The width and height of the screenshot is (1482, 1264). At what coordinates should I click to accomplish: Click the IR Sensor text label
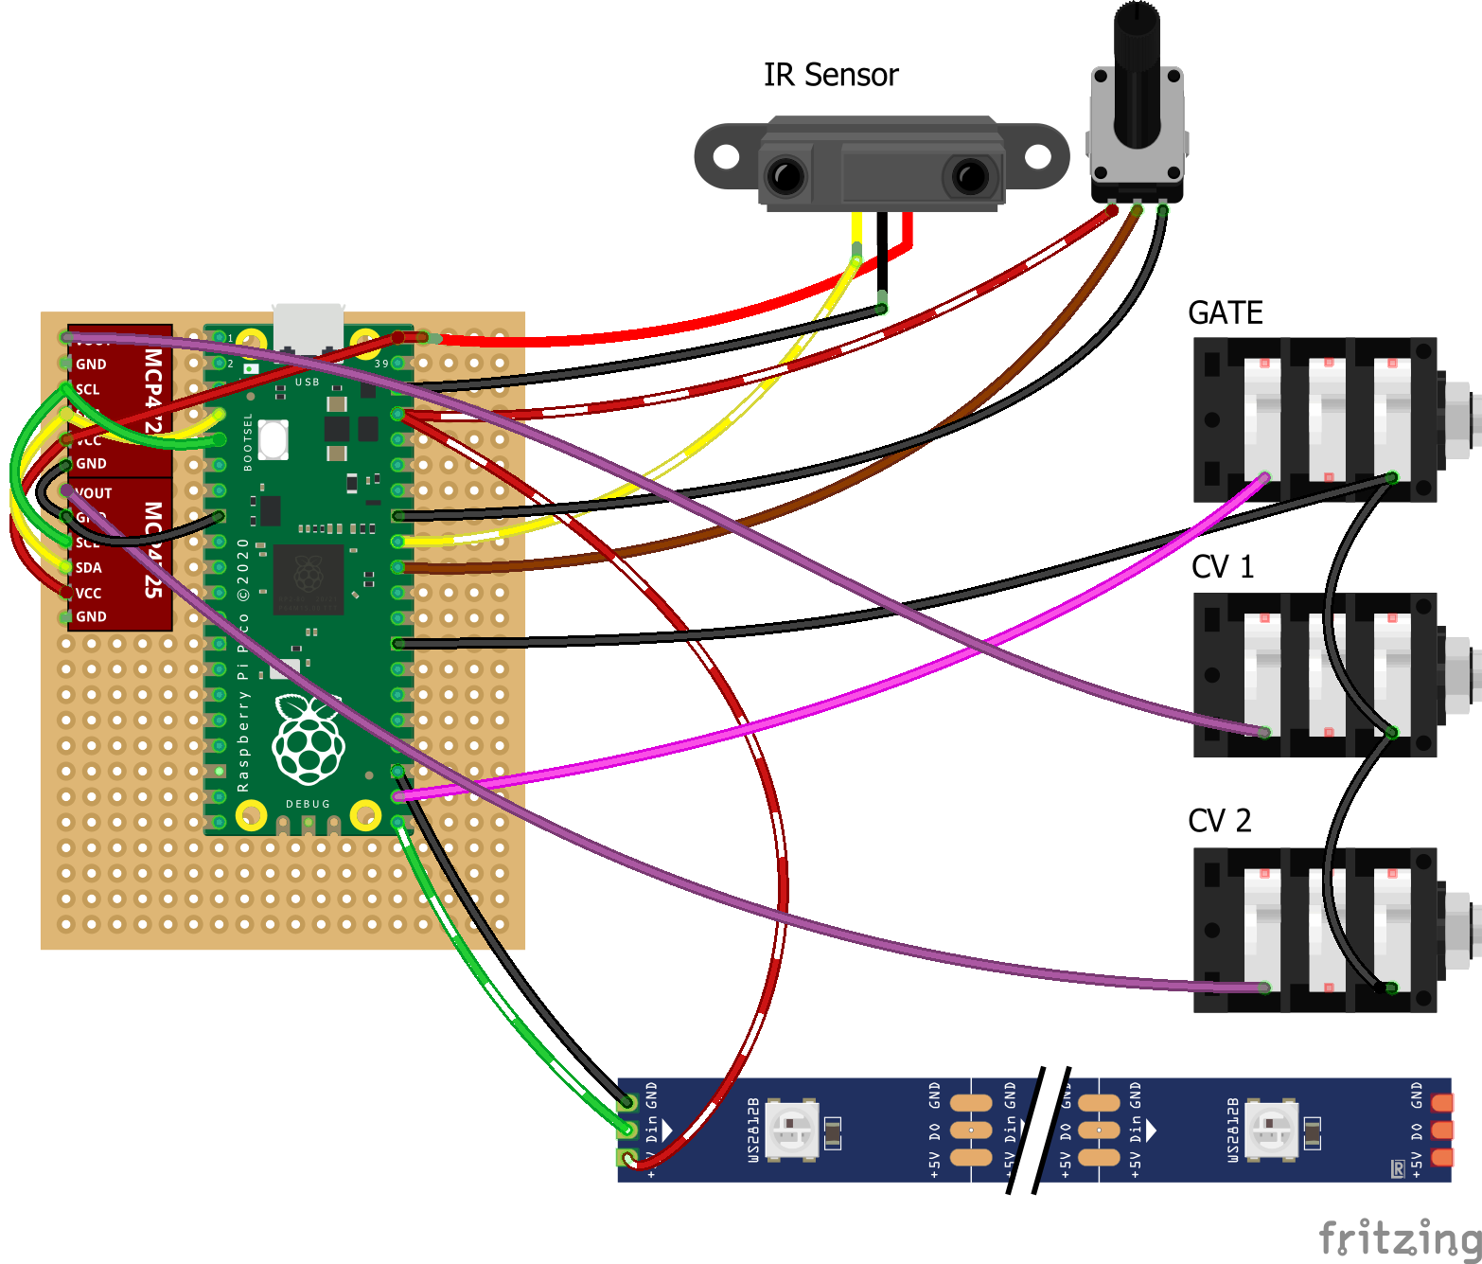click(830, 75)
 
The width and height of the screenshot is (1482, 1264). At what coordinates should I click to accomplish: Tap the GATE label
click(1225, 313)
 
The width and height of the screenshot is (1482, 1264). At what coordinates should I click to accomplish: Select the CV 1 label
click(1222, 567)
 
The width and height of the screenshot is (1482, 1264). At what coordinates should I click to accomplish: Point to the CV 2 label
click(1219, 820)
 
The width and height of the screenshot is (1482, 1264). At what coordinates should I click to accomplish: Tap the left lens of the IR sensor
click(786, 176)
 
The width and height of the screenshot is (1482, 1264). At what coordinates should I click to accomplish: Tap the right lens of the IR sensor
click(970, 176)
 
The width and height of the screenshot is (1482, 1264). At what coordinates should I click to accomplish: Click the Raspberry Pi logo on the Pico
click(308, 739)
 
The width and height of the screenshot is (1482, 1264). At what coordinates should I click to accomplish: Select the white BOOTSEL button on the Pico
click(273, 439)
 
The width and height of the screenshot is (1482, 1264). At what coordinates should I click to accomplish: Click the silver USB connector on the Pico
click(308, 328)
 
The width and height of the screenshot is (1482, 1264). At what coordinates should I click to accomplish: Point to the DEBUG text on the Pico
click(308, 804)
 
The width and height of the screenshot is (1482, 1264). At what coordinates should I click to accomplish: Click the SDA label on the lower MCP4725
click(88, 568)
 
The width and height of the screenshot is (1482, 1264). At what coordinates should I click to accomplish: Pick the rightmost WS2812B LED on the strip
click(1270, 1129)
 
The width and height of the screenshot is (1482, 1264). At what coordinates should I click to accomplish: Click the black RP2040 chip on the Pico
click(308, 576)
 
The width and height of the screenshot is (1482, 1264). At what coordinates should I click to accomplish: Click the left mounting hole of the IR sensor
click(726, 156)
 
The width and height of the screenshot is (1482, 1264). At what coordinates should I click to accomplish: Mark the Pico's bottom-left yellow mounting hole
click(251, 814)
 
